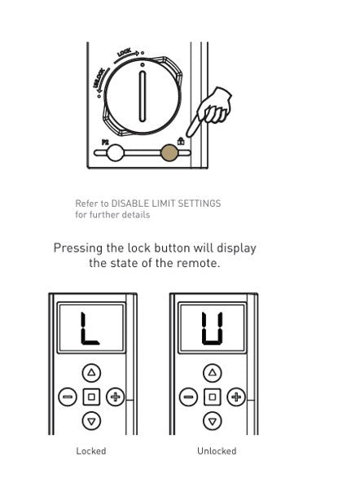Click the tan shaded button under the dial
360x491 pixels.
coord(169,152)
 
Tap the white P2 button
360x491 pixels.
coord(115,152)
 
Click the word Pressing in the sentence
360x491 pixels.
coord(80,248)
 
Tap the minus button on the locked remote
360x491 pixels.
coord(68,397)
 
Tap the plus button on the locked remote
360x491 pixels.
coord(114,397)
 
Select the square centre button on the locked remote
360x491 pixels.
coord(91,397)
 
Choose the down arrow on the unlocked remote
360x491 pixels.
coord(213,421)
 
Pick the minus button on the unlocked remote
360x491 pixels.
coord(189,397)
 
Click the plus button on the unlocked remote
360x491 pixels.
coord(235,397)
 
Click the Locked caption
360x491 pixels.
coord(91,451)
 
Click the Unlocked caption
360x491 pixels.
coord(217,451)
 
